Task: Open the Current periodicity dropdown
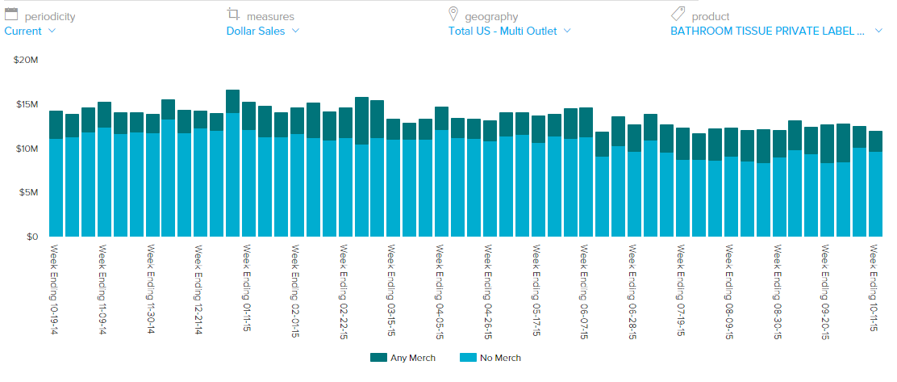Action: [x=30, y=31]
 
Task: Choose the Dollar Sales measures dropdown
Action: [x=263, y=31]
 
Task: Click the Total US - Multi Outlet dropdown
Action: [x=510, y=31]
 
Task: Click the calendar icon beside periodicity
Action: [x=11, y=15]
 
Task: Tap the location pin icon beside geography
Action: [x=453, y=15]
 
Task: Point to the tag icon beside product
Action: [x=678, y=15]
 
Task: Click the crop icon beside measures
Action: [x=234, y=15]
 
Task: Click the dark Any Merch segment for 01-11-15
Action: [x=232, y=102]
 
